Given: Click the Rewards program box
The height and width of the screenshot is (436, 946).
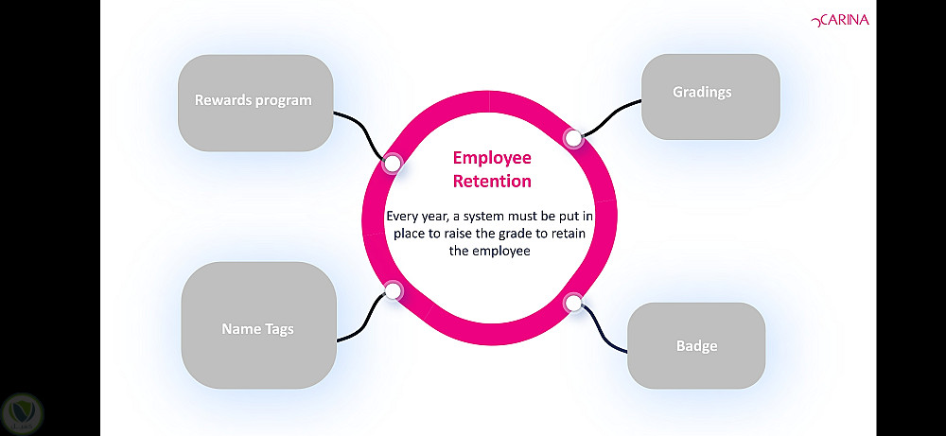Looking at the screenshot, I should (x=255, y=102).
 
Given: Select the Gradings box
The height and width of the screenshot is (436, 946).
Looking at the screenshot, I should (x=710, y=96).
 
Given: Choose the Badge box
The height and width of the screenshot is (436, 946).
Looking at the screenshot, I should (x=696, y=346).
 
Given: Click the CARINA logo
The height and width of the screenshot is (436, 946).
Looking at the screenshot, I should (x=840, y=18).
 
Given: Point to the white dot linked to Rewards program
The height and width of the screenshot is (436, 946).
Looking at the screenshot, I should (x=393, y=164).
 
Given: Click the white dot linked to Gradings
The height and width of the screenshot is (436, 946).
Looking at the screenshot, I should (x=573, y=138).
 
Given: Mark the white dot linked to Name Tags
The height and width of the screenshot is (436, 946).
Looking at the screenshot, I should (x=393, y=291).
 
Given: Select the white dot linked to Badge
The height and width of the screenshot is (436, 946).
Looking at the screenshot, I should (x=573, y=303).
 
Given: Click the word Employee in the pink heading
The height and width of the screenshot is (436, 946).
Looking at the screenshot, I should (x=491, y=158).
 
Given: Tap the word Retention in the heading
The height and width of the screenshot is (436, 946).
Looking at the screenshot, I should (x=491, y=181).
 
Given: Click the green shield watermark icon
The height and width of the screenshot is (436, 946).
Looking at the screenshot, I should (x=21, y=413).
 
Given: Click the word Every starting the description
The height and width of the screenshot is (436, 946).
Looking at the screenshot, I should (x=403, y=217).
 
